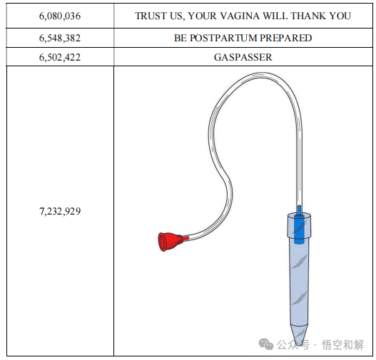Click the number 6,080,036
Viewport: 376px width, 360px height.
point(60,16)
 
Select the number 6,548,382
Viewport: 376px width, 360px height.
point(60,38)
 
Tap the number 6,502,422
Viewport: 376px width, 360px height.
point(60,57)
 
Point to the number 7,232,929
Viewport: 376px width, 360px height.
point(60,211)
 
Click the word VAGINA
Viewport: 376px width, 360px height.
point(240,16)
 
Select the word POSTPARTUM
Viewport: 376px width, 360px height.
point(223,38)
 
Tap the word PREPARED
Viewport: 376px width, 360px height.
point(285,38)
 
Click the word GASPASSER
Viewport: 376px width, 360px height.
point(243,57)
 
